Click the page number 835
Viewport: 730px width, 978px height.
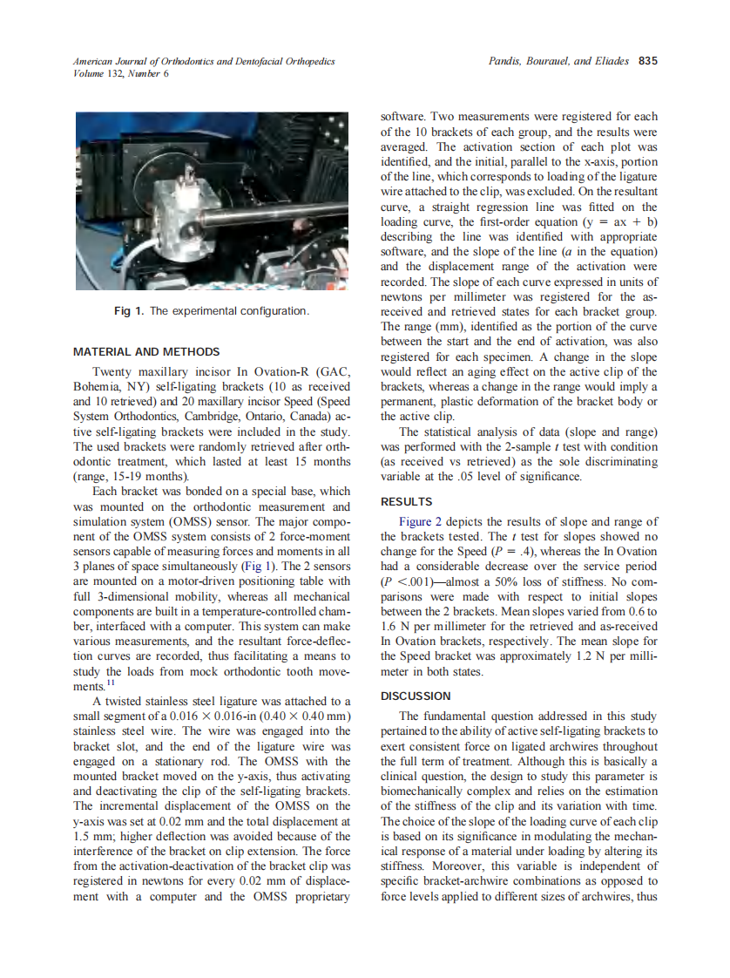(647, 61)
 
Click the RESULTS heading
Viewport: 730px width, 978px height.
(407, 502)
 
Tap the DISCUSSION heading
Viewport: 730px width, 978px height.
(416, 696)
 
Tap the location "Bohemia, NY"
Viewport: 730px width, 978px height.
(109, 389)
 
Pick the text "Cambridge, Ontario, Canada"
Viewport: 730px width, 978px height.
(228, 417)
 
